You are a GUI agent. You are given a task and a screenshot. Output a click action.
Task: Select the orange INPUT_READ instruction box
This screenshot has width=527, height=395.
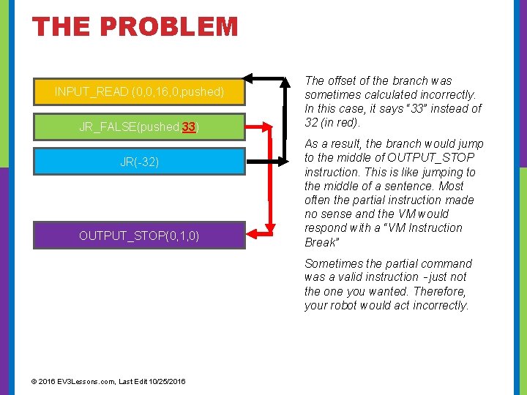click(x=139, y=91)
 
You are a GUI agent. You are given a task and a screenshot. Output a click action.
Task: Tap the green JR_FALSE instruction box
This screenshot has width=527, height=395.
click(x=139, y=127)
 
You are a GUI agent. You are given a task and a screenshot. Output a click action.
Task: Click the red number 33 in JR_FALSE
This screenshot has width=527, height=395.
click(x=189, y=127)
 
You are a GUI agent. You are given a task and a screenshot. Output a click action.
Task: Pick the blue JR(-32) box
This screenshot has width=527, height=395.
click(x=139, y=161)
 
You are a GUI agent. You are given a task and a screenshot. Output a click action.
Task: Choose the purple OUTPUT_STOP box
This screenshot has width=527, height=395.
click(x=139, y=236)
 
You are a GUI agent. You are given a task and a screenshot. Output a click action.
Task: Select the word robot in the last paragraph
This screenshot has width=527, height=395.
click(x=347, y=305)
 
